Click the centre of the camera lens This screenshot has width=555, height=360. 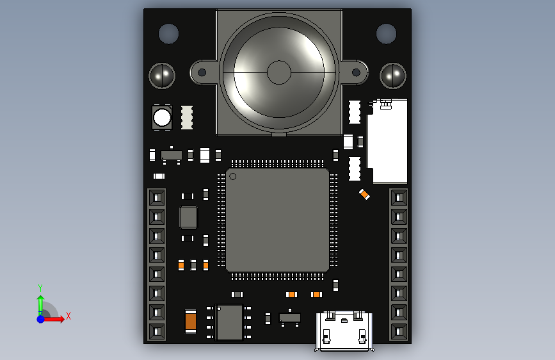click(279, 72)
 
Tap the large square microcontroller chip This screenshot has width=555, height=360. click(277, 220)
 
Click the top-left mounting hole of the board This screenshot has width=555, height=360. click(168, 33)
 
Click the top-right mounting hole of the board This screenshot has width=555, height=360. click(386, 33)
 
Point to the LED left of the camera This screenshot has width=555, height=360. click(162, 76)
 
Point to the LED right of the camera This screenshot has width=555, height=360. click(393, 76)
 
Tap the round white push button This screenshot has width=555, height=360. click(162, 118)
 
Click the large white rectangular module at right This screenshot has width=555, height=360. click(387, 142)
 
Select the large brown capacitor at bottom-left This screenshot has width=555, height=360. click(190, 320)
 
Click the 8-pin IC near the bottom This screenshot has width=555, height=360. click(229, 322)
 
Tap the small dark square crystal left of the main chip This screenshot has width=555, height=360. click(188, 217)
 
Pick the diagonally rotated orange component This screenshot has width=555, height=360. click(364, 194)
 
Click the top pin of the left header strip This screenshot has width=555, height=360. click(157, 197)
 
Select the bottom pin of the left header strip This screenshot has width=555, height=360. click(157, 332)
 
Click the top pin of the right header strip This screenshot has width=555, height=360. click(399, 197)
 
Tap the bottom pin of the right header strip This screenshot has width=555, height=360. click(399, 332)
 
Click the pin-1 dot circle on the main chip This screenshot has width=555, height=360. click(233, 176)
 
